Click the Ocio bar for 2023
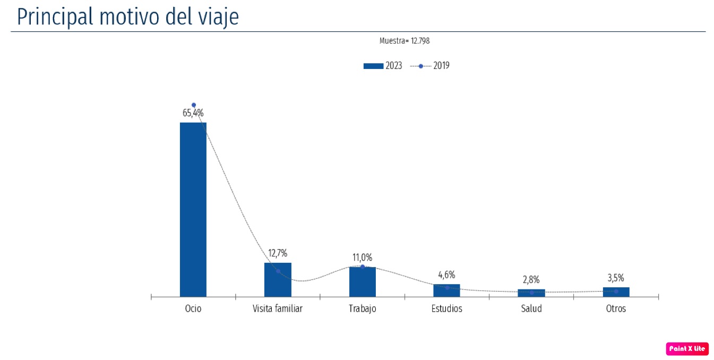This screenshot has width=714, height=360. [x=193, y=210]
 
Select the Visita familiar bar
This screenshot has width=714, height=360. [x=278, y=280]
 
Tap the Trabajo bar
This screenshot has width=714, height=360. [x=363, y=282]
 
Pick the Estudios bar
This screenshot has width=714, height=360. [x=446, y=290]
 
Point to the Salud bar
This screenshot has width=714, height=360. [x=531, y=293]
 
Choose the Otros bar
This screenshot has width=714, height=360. [x=616, y=292]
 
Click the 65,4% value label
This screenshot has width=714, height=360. [x=193, y=113]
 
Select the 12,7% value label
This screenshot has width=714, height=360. [x=278, y=253]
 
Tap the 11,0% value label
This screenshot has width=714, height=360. [x=363, y=258]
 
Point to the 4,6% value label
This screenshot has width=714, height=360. [x=446, y=275]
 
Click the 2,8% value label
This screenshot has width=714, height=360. [x=531, y=280]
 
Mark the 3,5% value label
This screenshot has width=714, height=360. [x=616, y=278]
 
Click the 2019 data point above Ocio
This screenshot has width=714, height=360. [x=194, y=105]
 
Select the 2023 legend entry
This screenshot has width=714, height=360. [x=383, y=66]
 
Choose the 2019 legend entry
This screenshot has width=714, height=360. [x=429, y=66]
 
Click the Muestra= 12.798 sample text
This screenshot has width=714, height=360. [x=405, y=41]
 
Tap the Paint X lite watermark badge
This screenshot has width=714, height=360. [x=687, y=349]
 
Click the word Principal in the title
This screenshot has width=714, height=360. [x=55, y=17]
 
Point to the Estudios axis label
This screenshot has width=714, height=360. [x=446, y=308]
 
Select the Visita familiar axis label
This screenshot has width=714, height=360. [x=277, y=308]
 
